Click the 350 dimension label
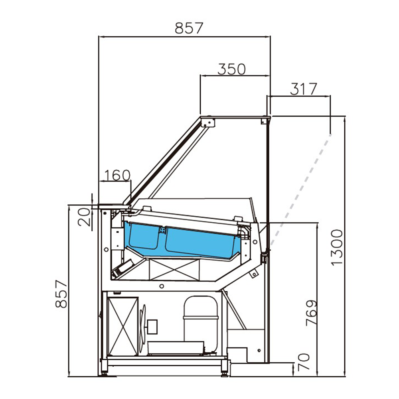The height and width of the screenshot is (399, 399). (231, 69)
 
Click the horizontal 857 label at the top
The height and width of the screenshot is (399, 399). (189, 28)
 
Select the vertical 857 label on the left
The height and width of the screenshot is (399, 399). (61, 294)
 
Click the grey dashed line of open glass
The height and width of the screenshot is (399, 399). (303, 184)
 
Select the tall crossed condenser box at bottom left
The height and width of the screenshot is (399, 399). (123, 326)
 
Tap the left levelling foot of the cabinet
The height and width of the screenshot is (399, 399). (105, 373)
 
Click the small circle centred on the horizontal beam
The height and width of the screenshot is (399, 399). (161, 286)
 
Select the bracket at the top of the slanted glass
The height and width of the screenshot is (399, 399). (206, 121)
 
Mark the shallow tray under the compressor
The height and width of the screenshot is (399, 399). (176, 348)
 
